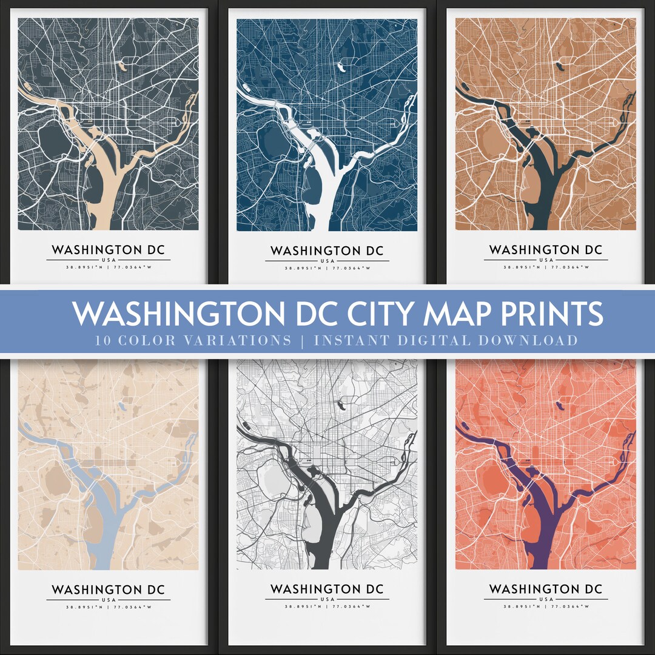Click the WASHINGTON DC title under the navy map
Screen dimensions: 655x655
click(327, 250)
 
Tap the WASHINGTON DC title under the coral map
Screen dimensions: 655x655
click(545, 589)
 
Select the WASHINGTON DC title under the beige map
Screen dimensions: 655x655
click(108, 589)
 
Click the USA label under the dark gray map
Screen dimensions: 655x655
click(108, 260)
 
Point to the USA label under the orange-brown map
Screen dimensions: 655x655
click(545, 260)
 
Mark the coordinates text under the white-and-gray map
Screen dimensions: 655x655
click(327, 606)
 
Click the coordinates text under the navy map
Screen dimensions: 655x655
click(327, 268)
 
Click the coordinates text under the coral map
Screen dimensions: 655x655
click(545, 606)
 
